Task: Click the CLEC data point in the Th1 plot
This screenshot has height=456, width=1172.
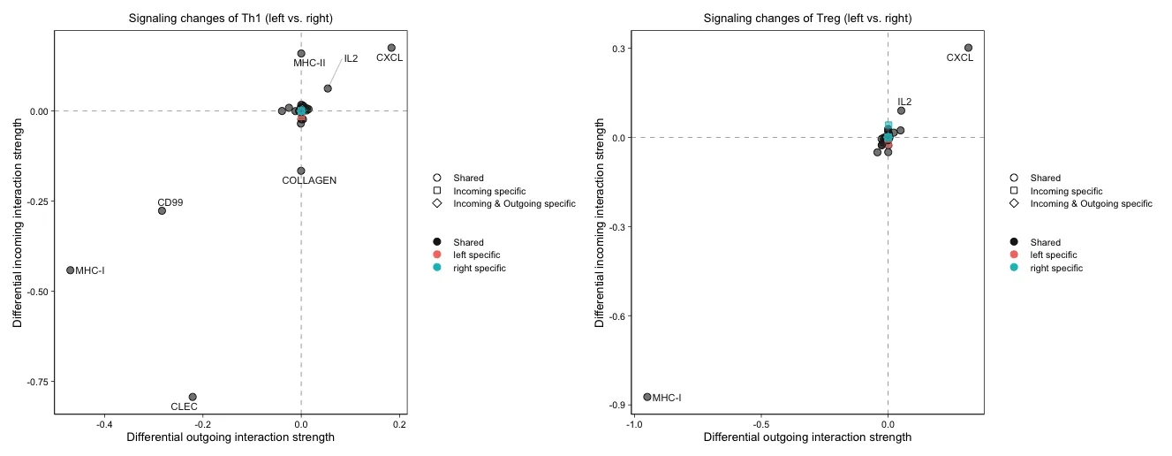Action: tap(193, 397)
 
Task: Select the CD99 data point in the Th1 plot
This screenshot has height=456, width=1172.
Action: tap(162, 210)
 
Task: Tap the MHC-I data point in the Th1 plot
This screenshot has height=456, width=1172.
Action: tap(71, 270)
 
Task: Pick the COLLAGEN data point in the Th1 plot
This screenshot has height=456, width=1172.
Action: tap(301, 171)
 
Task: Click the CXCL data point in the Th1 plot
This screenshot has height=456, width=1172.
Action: tap(391, 48)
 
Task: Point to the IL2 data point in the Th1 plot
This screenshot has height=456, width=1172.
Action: tap(328, 88)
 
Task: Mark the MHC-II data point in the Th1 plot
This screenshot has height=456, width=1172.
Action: tap(301, 53)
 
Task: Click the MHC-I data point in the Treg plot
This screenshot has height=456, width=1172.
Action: tap(647, 397)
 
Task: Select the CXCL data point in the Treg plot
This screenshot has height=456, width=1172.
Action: tap(968, 48)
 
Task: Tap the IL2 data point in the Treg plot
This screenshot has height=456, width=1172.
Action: tap(901, 110)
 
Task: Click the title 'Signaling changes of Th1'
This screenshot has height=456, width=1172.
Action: tap(231, 18)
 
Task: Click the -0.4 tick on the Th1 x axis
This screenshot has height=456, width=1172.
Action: tap(104, 424)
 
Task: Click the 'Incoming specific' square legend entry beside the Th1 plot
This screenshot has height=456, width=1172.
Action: tap(488, 191)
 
